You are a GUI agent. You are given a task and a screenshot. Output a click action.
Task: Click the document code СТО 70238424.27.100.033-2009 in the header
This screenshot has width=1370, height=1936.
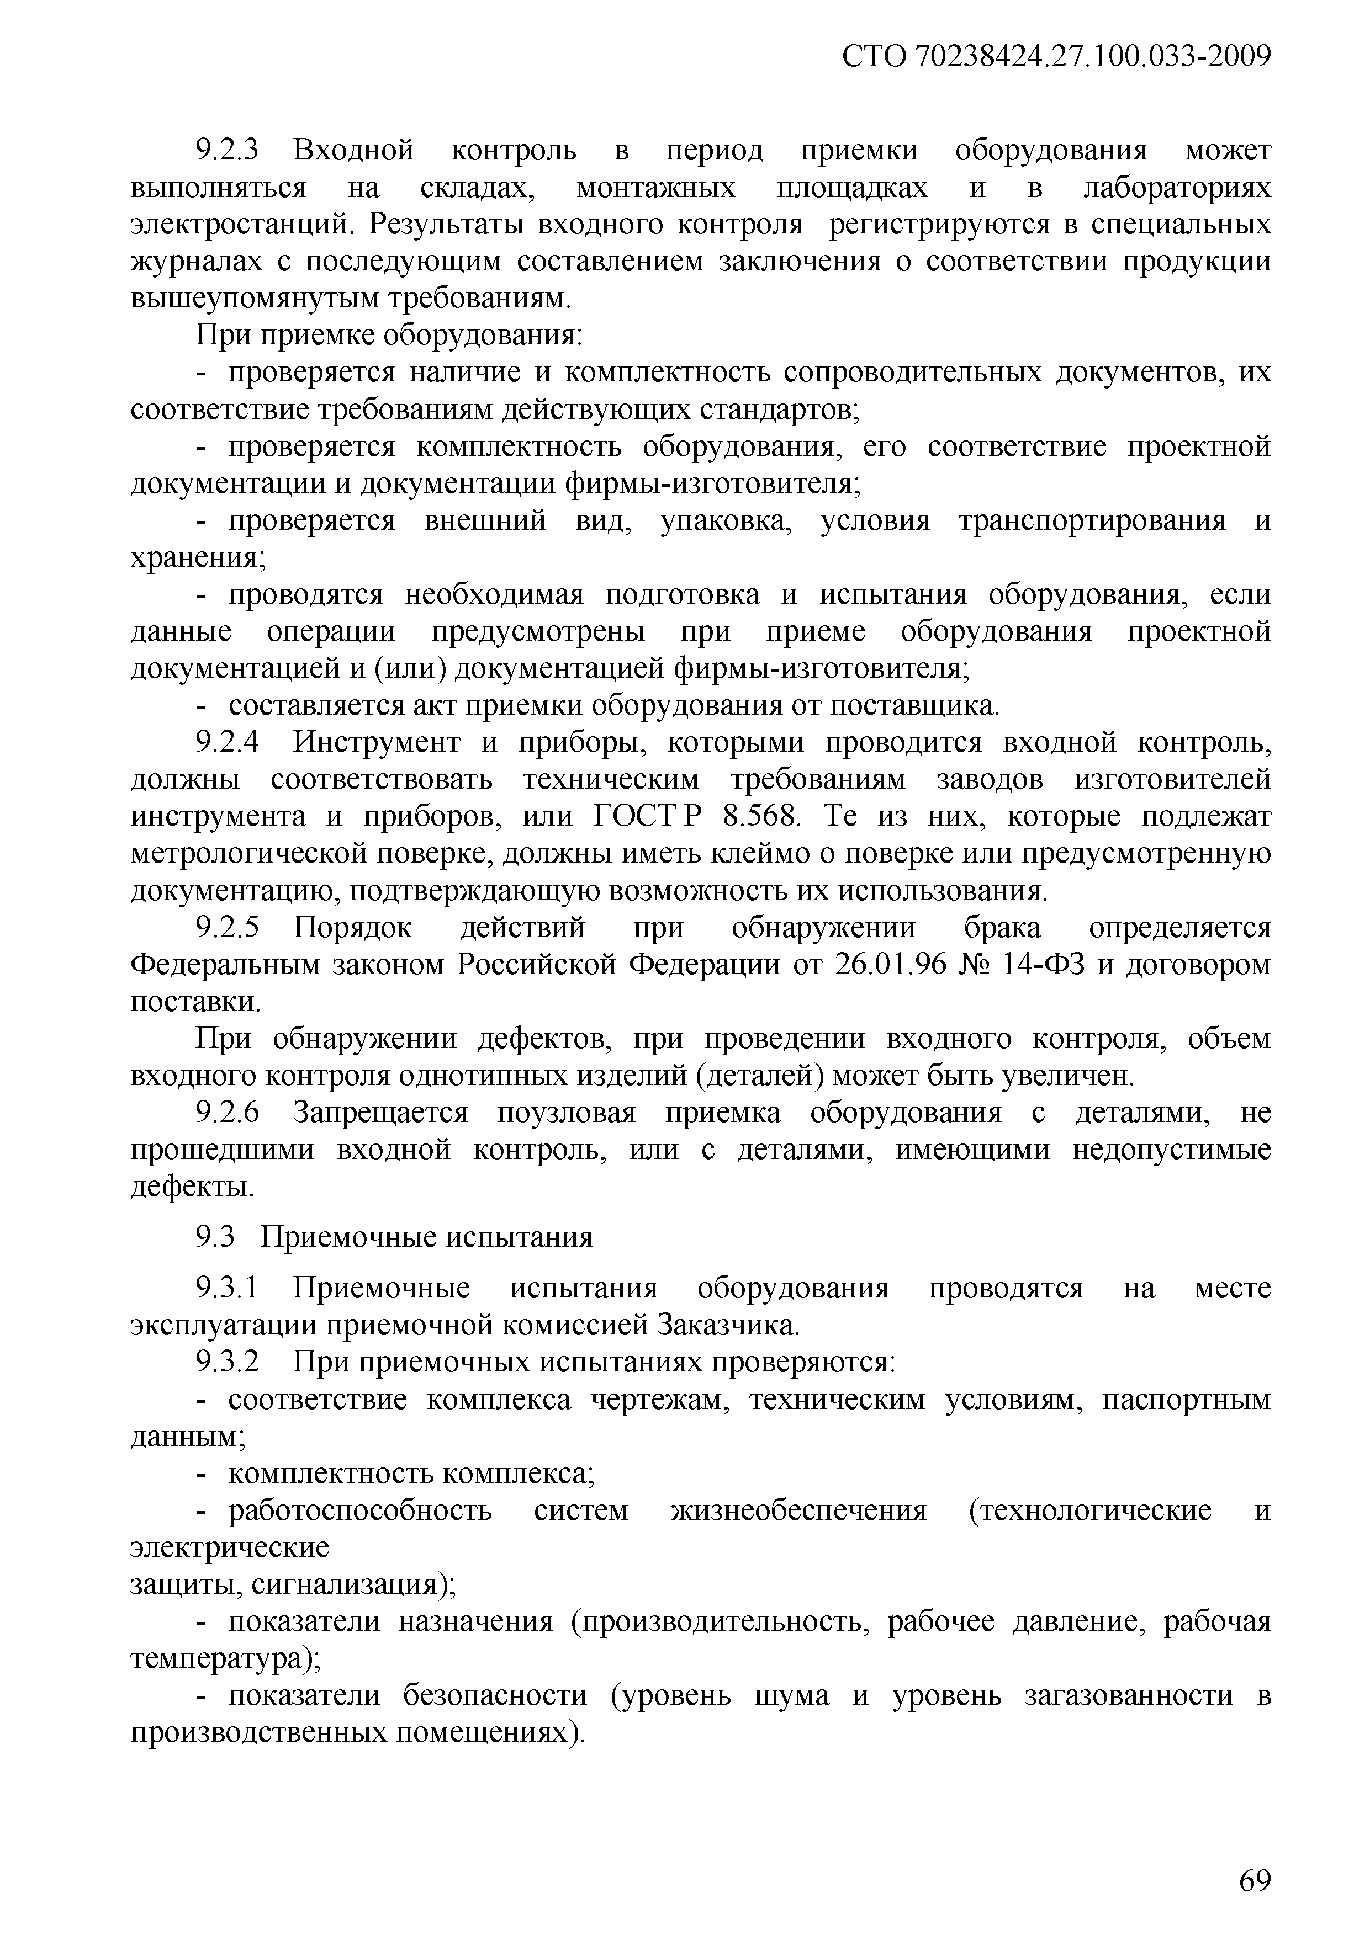coord(1056,57)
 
